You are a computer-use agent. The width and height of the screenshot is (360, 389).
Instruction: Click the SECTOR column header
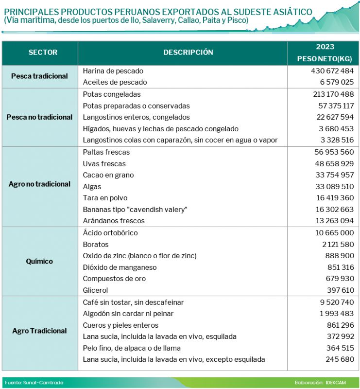point(43,53)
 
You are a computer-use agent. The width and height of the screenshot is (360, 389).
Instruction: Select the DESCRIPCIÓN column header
point(188,53)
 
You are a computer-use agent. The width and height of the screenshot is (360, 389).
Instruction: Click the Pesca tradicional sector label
point(39,76)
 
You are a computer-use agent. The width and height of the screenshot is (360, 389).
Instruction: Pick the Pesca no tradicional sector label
point(39,117)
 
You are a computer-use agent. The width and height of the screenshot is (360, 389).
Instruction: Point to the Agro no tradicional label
point(39,184)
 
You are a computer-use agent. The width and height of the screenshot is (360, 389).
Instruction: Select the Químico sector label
point(39,262)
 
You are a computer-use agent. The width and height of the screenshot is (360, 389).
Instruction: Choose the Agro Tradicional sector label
point(39,331)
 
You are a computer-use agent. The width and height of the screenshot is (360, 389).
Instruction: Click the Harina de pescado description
point(113,71)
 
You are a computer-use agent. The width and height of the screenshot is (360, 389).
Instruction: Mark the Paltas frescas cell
point(106,152)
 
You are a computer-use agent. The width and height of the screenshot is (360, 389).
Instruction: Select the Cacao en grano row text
point(108,175)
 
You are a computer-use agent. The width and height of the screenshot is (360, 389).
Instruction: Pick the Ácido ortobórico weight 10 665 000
point(334,233)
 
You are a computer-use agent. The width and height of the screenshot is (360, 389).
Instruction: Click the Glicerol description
point(96,290)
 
